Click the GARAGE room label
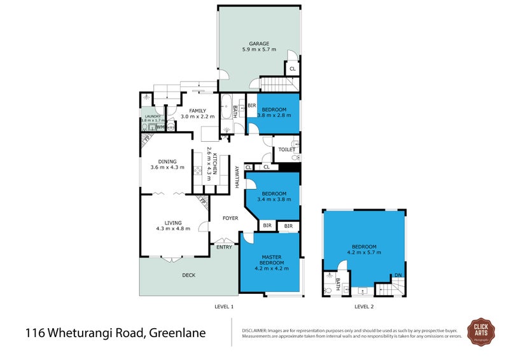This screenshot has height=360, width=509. [x=258, y=44]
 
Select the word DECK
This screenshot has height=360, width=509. [x=188, y=275]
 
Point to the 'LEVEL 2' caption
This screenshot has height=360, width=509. [x=364, y=307]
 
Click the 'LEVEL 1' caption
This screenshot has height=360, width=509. [x=224, y=307]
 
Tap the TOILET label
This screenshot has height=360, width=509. [x=286, y=150]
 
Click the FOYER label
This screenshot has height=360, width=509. [x=230, y=218]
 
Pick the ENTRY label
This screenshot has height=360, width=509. [x=224, y=247]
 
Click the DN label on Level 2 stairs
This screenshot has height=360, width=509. [x=398, y=275]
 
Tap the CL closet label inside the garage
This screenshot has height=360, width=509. [x=292, y=69]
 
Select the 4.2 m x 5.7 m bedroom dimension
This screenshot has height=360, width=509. [x=365, y=253]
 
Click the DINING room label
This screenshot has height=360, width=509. [x=167, y=162]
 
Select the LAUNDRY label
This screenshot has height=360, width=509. [x=153, y=116]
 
